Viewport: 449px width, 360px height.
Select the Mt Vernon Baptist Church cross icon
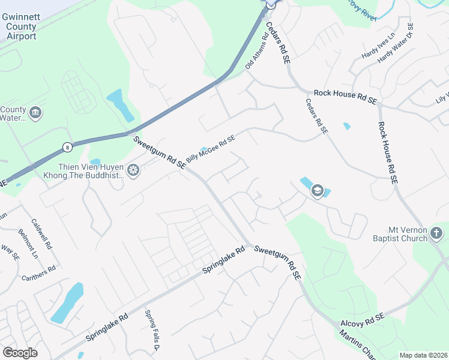[437, 233]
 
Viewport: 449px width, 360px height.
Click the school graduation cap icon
[317, 191]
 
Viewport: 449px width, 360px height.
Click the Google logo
[20, 353]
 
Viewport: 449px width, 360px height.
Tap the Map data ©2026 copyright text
[423, 355]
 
